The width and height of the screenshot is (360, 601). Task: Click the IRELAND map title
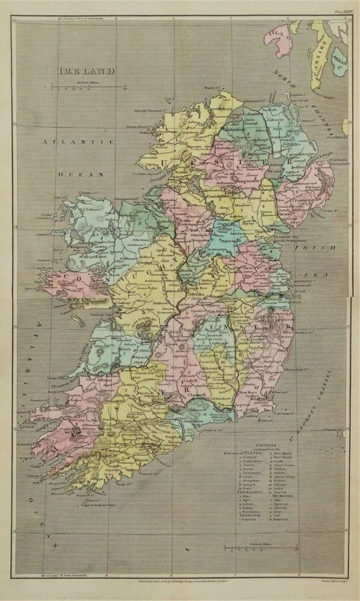[x=87, y=71]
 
